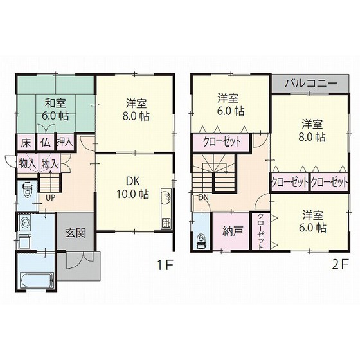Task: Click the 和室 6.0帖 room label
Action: click(55, 109)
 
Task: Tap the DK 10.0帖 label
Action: click(133, 188)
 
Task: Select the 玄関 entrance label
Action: click(76, 233)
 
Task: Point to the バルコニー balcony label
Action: click(311, 84)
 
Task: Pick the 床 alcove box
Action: click(26, 143)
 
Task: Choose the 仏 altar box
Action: click(46, 143)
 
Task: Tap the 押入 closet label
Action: click(65, 141)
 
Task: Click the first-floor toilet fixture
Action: click(28, 190)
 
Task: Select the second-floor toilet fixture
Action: click(201, 241)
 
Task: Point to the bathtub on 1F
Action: click(37, 280)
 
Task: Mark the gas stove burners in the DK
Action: click(166, 222)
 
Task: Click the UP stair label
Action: click(51, 198)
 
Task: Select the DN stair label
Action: click(203, 197)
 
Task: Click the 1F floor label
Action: click(165, 265)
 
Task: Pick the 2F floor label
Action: click(341, 265)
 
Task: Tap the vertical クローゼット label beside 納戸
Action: click(260, 231)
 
